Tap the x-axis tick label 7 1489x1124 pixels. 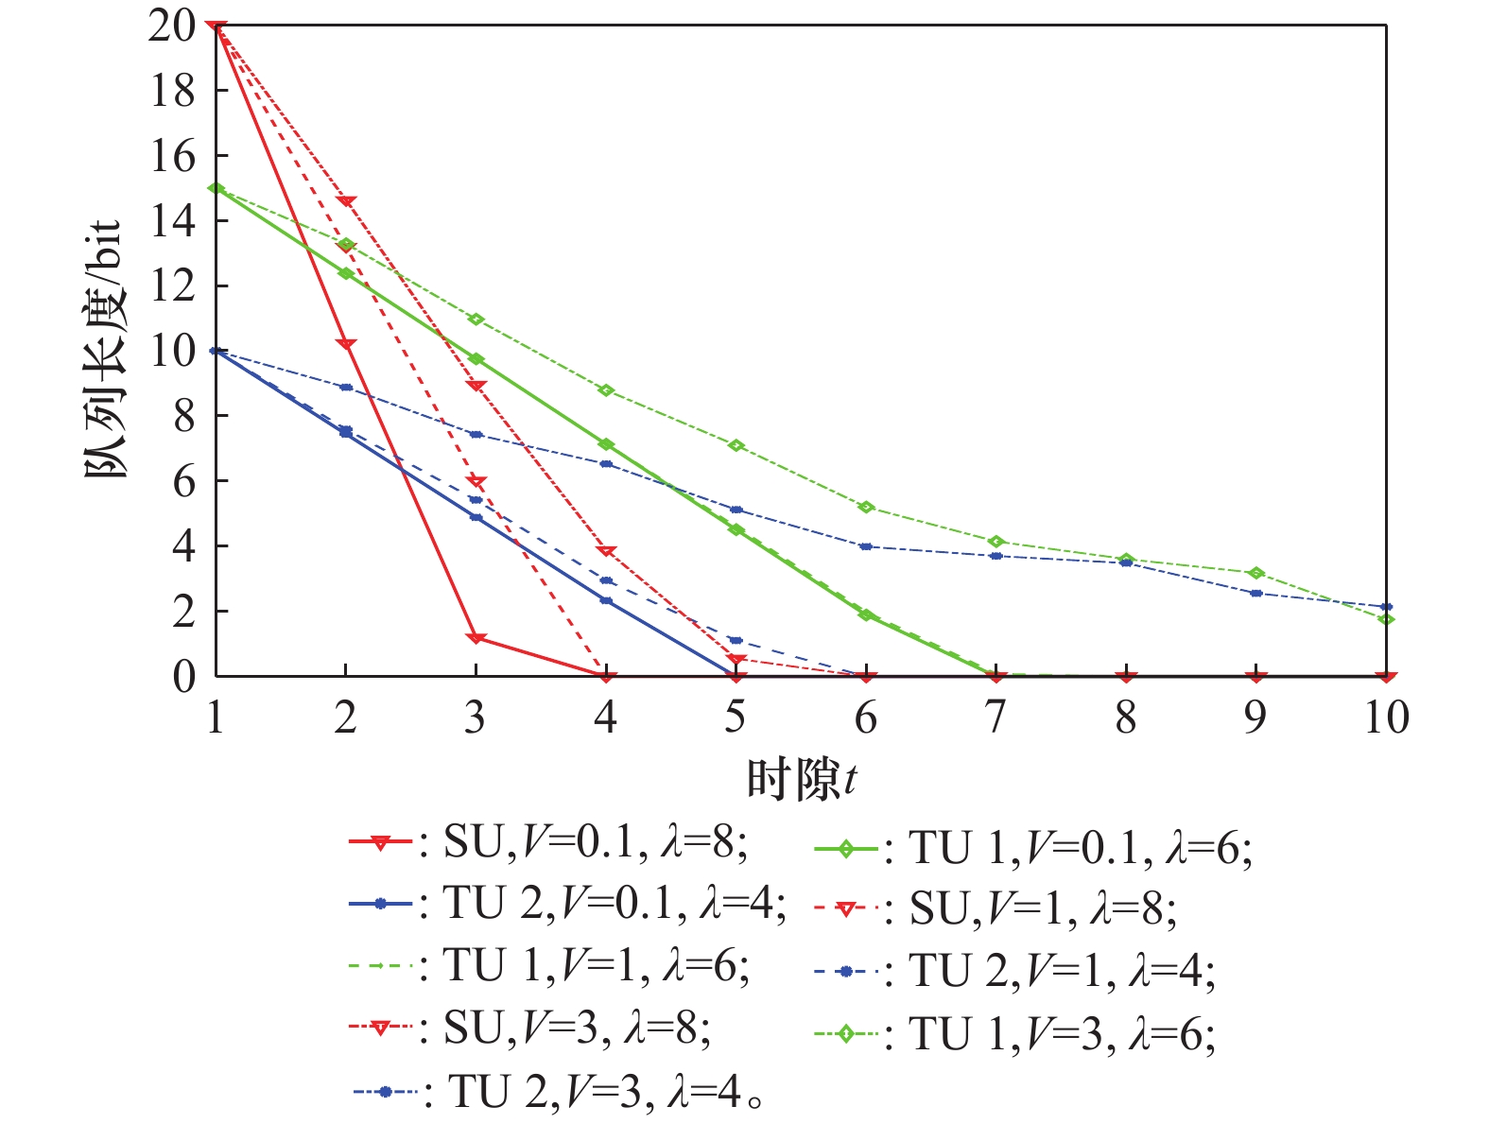pos(996,718)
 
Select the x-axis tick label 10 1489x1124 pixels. pos(1385,718)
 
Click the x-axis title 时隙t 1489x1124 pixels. pos(802,780)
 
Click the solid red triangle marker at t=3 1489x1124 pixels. pos(476,639)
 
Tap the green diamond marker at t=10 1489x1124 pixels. pos(1386,619)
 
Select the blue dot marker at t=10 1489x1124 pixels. pos(1386,607)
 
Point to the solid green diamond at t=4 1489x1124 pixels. pos(606,444)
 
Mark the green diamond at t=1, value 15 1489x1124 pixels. pos(216,188)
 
